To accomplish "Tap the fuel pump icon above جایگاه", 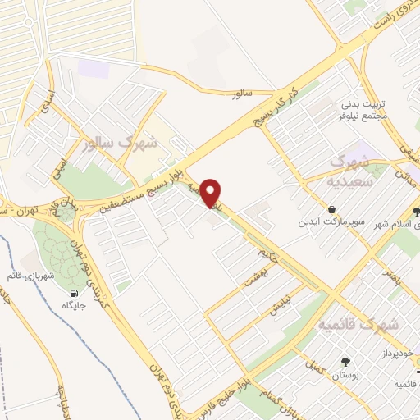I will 75,293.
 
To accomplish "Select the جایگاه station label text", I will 75,306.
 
